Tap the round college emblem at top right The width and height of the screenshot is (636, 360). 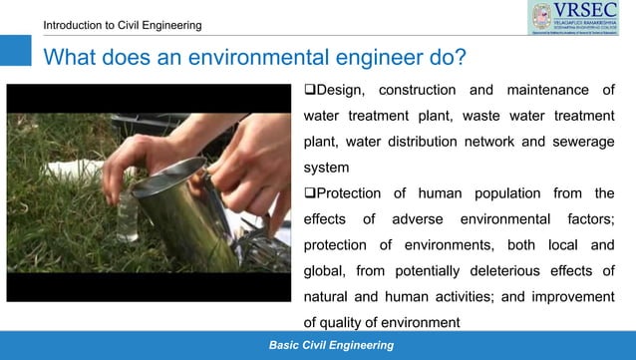pos(542,18)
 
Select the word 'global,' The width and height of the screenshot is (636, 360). pos(328,270)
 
